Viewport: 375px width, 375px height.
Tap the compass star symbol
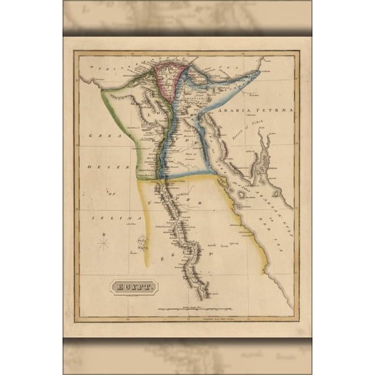[x=104, y=243]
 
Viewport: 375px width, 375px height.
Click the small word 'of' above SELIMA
[x=111, y=193]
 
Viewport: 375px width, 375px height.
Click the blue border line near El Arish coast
[x=221, y=81]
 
